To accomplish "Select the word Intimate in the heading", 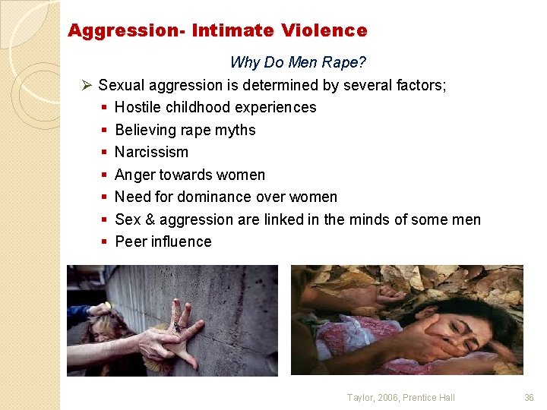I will [x=232, y=31].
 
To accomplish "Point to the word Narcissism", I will [x=151, y=152].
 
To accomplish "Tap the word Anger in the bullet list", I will [x=134, y=175].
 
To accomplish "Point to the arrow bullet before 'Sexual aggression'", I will [x=87, y=85].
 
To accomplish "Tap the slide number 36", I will [x=530, y=397].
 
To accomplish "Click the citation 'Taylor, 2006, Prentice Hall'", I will [x=401, y=397].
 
